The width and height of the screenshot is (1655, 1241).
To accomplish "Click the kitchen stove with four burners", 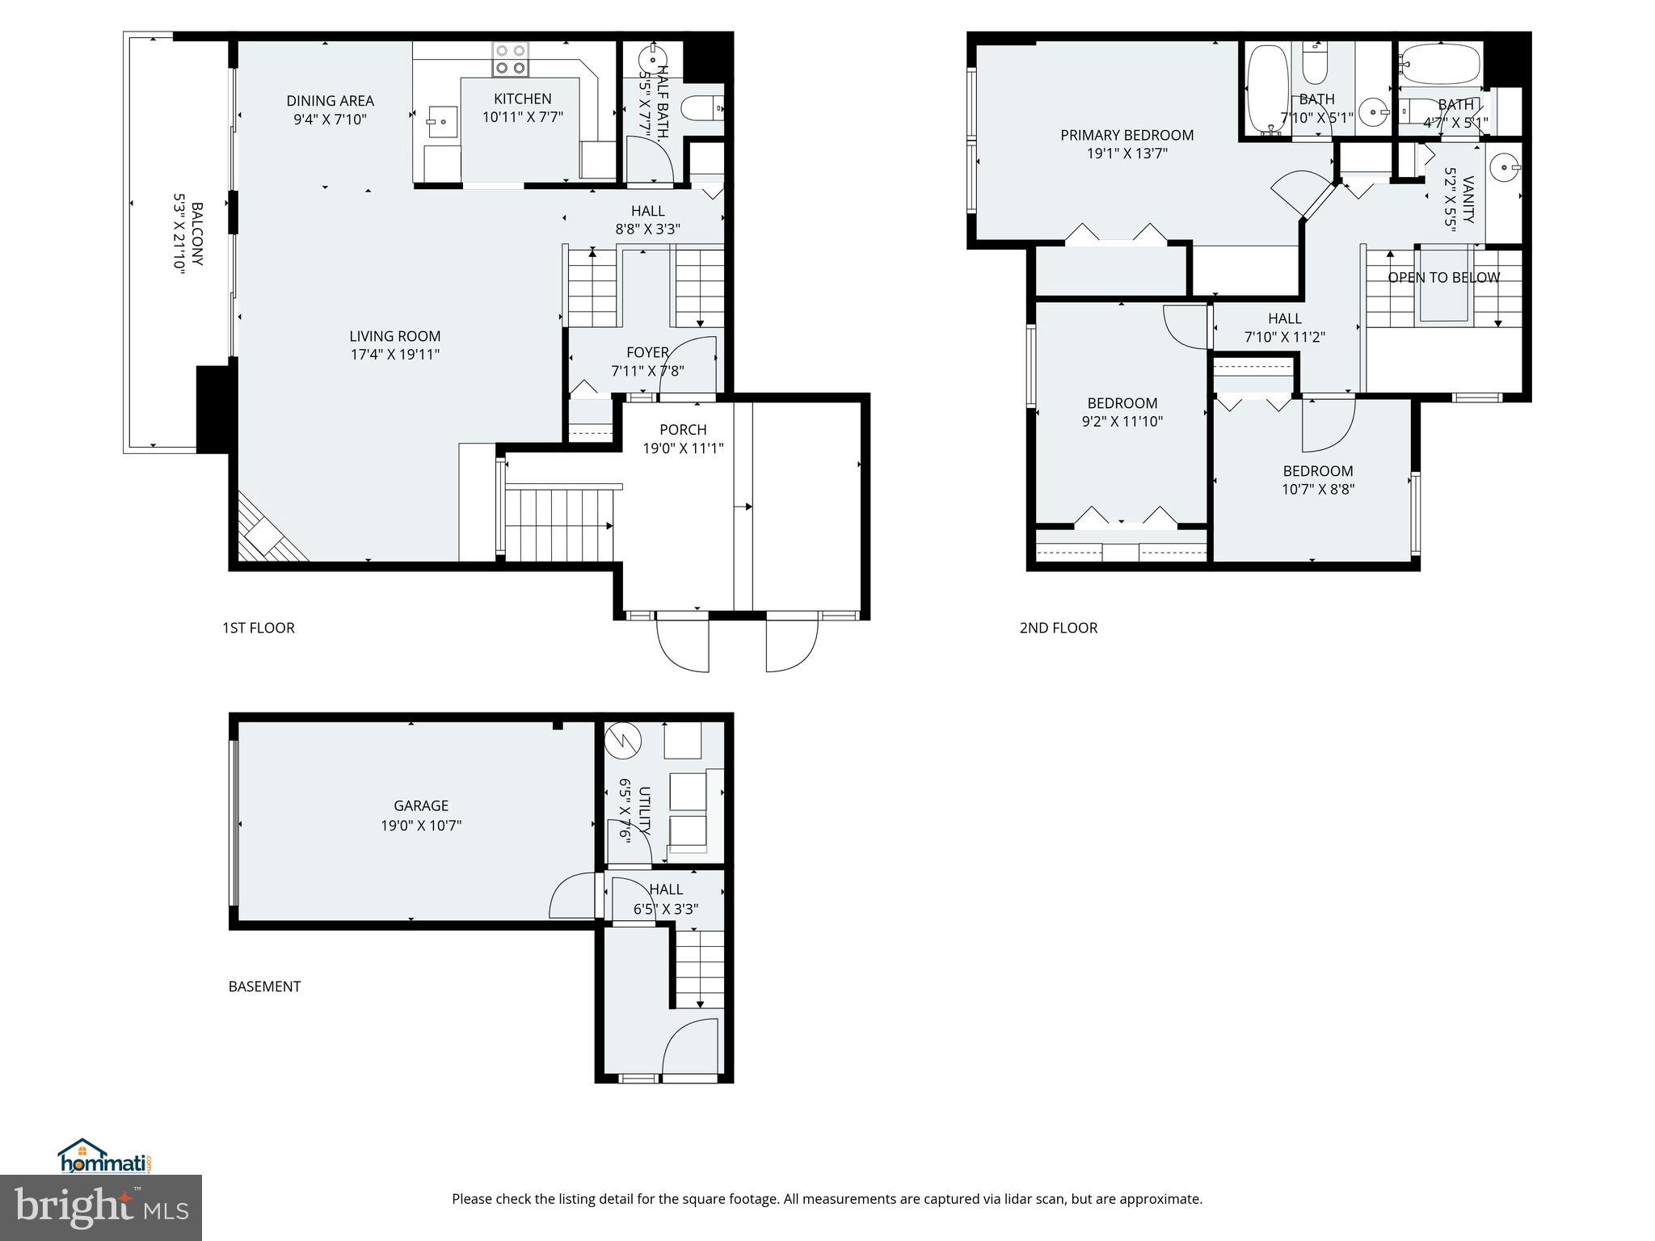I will pyautogui.click(x=511, y=59).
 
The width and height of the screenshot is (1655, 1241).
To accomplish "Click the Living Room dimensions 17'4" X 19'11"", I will pyautogui.click(x=394, y=354).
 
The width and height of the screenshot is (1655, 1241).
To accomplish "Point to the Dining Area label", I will pyautogui.click(x=330, y=101).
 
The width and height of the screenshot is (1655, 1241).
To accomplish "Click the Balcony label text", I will pyautogui.click(x=196, y=234).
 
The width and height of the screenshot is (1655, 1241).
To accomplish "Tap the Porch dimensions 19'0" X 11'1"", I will pyautogui.click(x=683, y=448).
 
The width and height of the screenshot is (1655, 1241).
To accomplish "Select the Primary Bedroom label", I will pyautogui.click(x=1126, y=135).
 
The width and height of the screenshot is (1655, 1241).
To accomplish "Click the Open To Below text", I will pyautogui.click(x=1443, y=277).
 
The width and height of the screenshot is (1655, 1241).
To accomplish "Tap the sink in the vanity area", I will pyautogui.click(x=1505, y=170).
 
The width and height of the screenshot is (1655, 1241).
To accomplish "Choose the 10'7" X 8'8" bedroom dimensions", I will pyautogui.click(x=1317, y=489).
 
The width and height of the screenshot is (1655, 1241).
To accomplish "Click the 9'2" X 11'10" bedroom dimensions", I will pyautogui.click(x=1122, y=421).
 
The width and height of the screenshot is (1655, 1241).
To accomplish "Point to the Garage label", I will pyautogui.click(x=420, y=806).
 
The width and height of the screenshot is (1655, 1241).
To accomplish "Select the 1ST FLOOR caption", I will pyautogui.click(x=258, y=628).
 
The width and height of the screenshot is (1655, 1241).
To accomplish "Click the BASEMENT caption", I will pyautogui.click(x=264, y=986).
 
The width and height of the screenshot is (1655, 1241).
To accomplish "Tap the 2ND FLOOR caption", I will pyautogui.click(x=1058, y=628).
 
